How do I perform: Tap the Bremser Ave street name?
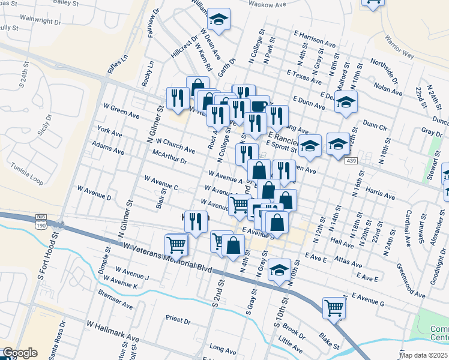pyautogui.click(x=116, y=301)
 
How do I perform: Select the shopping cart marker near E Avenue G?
pyautogui.click(x=334, y=308)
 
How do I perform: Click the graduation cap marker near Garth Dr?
pyautogui.click(x=219, y=20)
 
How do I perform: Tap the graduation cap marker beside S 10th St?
pyautogui.click(x=279, y=270)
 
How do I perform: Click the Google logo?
pyautogui.click(x=19, y=353)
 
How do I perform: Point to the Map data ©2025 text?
pyautogui.click(x=424, y=355)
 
